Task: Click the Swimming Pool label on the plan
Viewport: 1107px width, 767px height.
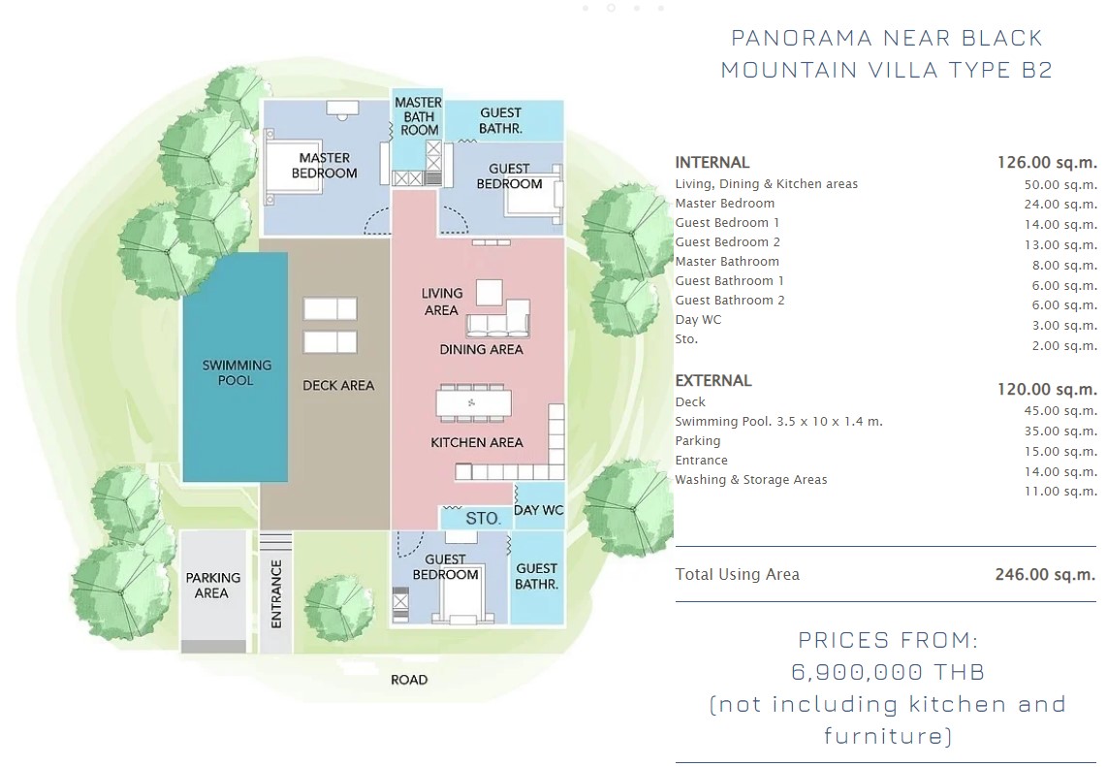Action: tap(237, 372)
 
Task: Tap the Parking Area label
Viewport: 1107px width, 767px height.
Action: tap(212, 586)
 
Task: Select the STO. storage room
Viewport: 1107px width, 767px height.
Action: tap(476, 518)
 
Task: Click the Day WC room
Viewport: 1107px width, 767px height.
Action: tap(539, 506)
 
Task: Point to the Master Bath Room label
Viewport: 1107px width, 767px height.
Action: tap(419, 115)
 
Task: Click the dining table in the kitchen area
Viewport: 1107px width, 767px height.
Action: tap(471, 403)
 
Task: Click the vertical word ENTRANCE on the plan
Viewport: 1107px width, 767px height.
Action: tap(276, 594)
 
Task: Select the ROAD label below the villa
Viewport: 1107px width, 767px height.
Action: tap(409, 680)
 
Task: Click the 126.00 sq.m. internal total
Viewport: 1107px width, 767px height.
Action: tap(1047, 163)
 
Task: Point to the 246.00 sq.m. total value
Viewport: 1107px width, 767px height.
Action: tap(1046, 574)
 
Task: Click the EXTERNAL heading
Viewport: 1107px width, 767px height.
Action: tap(713, 381)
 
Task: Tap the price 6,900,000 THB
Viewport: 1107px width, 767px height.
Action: tap(887, 672)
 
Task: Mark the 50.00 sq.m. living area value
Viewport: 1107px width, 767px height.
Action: tap(1060, 185)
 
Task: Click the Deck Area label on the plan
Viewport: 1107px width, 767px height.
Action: tap(338, 386)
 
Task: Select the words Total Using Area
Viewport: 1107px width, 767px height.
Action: tap(737, 574)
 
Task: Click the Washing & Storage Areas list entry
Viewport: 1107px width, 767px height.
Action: tap(750, 480)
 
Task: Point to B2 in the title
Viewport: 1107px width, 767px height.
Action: tap(1037, 70)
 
